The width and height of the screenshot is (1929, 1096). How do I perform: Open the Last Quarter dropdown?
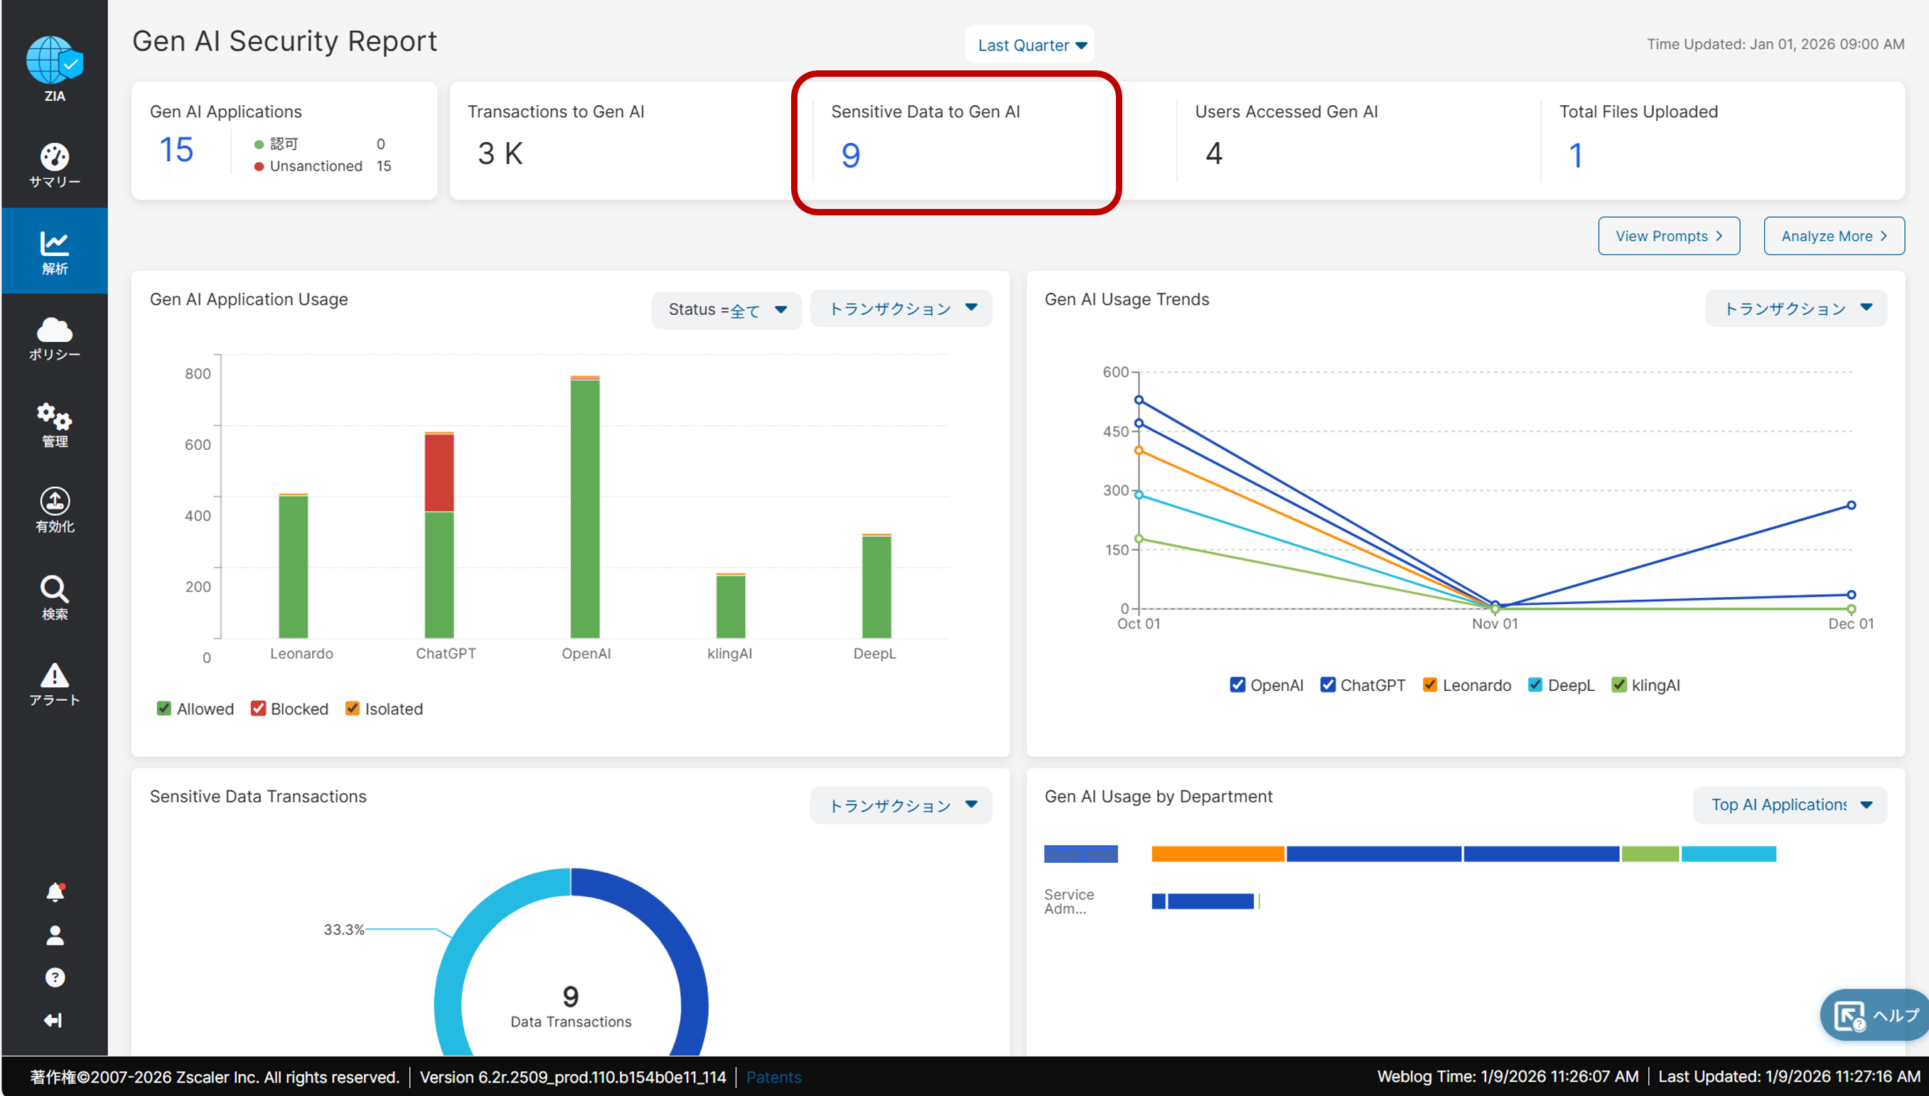(1030, 45)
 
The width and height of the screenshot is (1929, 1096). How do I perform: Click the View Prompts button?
(1668, 237)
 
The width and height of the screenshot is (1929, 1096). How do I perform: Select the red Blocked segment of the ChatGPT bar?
(439, 473)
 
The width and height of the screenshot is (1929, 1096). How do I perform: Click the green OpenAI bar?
(585, 508)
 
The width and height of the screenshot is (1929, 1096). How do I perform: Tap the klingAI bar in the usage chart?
(730, 606)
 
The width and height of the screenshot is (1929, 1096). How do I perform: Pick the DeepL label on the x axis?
(874, 653)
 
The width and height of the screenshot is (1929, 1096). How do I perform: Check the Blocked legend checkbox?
(258, 709)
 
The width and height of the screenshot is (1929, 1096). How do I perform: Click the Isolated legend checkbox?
(353, 709)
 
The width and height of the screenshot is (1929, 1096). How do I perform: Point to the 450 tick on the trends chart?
(1115, 431)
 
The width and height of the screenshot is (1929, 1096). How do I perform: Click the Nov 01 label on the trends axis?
(1495, 623)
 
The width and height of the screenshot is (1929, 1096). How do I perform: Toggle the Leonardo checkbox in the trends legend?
(1429, 685)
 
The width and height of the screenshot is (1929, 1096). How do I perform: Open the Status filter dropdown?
(726, 309)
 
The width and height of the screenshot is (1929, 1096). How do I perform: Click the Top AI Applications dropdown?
(1790, 805)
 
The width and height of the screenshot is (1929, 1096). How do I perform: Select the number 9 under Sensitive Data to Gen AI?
(851, 155)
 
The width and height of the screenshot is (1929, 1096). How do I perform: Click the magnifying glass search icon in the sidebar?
(54, 589)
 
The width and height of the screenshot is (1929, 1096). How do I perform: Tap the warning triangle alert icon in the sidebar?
(54, 676)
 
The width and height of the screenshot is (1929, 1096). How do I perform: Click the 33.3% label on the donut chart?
(343, 930)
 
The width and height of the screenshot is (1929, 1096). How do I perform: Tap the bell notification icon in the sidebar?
(55, 892)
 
